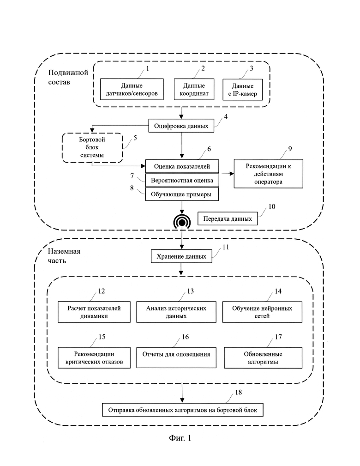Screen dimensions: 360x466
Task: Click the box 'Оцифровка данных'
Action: click(181, 126)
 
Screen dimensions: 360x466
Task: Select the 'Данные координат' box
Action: click(194, 89)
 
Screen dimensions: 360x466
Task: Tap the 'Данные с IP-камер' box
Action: click(243, 90)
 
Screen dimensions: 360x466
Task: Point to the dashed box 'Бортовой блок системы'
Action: click(92, 148)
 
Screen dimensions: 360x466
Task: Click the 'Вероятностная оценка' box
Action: click(182, 180)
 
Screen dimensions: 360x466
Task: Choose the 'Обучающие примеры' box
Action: click(182, 194)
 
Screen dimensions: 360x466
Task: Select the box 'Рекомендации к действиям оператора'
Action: click(268, 174)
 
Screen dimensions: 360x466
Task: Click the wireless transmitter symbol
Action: click(182, 221)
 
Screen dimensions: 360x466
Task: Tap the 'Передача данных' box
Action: click(228, 219)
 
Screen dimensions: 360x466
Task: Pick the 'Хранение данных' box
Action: click(181, 256)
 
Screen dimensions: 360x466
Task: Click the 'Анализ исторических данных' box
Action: click(176, 312)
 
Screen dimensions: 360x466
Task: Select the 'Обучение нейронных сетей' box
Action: click(262, 312)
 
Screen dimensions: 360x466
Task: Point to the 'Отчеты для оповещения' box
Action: click(176, 357)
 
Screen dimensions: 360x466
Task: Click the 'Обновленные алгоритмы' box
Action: click(263, 358)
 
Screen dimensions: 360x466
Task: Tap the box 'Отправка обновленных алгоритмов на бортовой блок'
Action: click(183, 410)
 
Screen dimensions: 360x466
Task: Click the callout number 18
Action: click(238, 392)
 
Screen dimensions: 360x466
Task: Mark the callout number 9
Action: click(290, 148)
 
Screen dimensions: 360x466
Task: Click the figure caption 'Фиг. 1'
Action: click(180, 438)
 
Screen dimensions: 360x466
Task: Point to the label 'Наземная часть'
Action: click(64, 256)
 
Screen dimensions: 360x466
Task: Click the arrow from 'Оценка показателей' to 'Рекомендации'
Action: click(226, 174)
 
